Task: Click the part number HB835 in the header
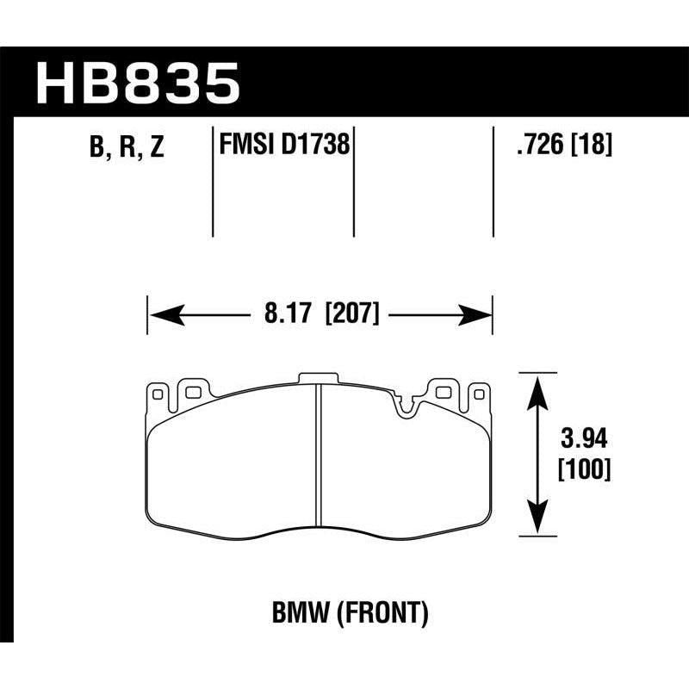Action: (x=137, y=83)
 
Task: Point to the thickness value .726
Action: (x=536, y=146)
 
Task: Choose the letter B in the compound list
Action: (x=96, y=148)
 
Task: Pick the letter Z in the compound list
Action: (x=156, y=148)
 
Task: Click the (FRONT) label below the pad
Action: (x=380, y=613)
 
